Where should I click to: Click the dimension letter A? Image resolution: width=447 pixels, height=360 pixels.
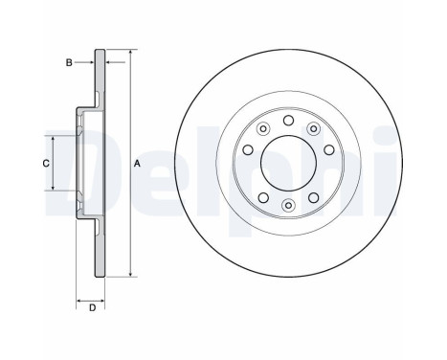(138, 164)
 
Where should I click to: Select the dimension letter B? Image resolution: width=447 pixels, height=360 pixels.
(69, 62)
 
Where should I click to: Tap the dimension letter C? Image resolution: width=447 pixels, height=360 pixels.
(45, 164)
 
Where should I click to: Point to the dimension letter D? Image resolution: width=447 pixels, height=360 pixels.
(92, 306)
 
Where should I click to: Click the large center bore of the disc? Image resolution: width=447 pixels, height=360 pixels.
(289, 163)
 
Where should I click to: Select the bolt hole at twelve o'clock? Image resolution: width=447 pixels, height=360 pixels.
(289, 120)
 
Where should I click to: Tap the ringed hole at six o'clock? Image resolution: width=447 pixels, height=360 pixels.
(289, 206)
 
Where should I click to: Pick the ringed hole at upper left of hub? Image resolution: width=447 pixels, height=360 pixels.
(262, 130)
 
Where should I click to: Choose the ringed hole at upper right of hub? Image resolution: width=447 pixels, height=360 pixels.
(315, 130)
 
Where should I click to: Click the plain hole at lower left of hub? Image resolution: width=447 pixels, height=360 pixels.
(262, 195)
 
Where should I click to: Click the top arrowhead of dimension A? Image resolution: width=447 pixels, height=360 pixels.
(129, 51)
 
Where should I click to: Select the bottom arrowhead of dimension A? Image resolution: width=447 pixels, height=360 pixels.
(129, 276)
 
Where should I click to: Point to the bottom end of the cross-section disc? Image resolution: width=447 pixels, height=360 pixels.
(101, 277)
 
